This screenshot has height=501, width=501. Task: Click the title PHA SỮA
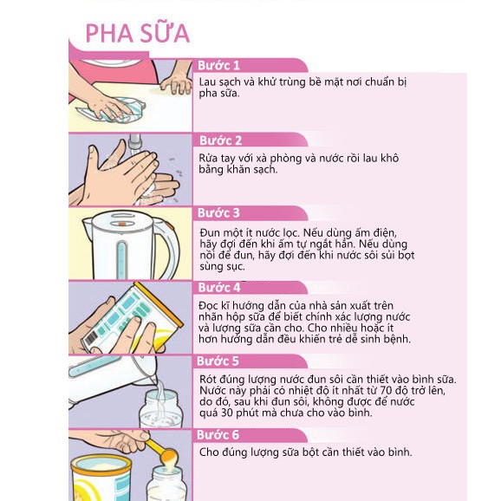(x=138, y=33)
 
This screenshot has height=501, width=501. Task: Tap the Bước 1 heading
(x=218, y=66)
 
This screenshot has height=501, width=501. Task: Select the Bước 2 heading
(x=220, y=140)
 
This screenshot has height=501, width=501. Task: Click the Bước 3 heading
(x=218, y=213)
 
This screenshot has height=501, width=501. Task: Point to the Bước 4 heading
(x=219, y=287)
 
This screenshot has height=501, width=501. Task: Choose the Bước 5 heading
(x=218, y=361)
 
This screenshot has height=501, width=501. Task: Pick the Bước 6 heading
(x=218, y=435)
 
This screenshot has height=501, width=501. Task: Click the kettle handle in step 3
(x=169, y=246)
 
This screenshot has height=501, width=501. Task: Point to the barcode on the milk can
(x=91, y=340)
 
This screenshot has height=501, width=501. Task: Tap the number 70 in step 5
(x=386, y=390)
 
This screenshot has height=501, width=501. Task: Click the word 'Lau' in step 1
(x=206, y=82)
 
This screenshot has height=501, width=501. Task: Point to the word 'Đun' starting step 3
(x=209, y=232)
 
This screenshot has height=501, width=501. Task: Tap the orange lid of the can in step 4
(x=159, y=303)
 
